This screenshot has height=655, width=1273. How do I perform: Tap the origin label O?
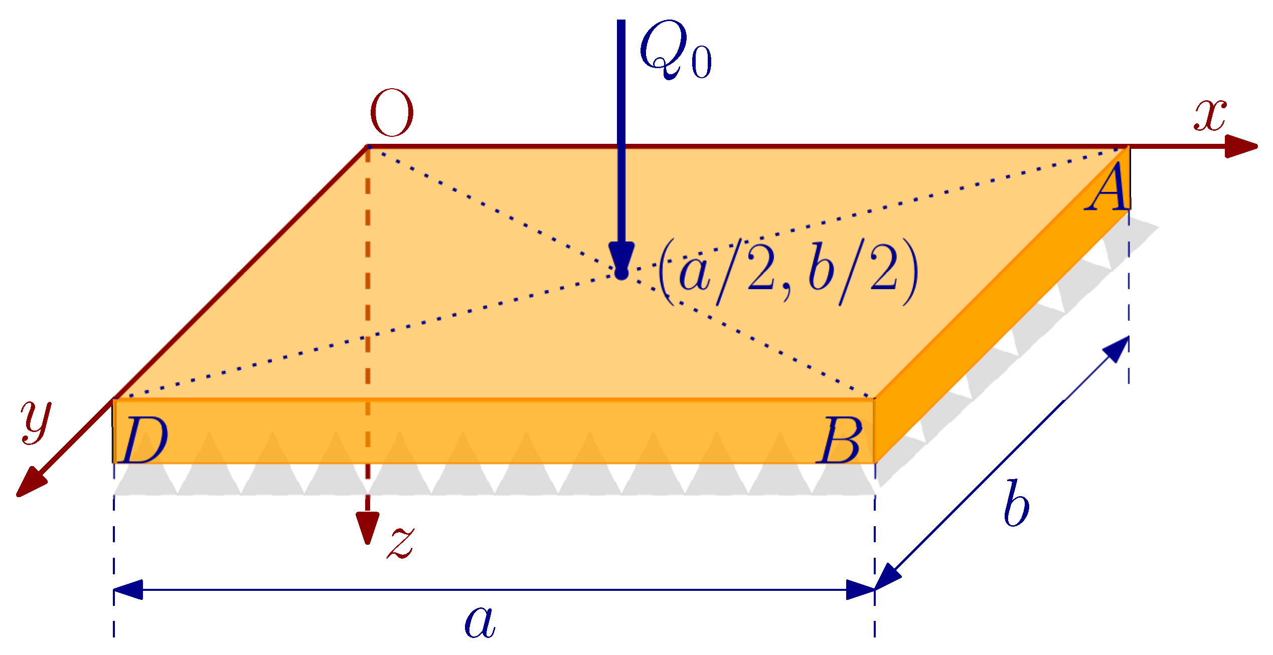point(392,113)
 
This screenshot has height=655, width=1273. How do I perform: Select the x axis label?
point(1210,115)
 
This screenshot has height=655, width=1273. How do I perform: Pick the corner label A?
point(1107,188)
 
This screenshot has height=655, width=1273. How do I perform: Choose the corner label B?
point(839,441)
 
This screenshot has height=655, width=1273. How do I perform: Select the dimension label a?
point(480,622)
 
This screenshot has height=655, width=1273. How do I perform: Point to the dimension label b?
point(1017,503)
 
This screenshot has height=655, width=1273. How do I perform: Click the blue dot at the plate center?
point(621,274)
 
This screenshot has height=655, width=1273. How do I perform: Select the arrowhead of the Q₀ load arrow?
point(621,256)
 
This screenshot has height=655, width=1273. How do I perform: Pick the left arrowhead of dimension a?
point(128,589)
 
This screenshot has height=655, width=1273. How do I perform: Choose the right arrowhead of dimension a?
point(860,589)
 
